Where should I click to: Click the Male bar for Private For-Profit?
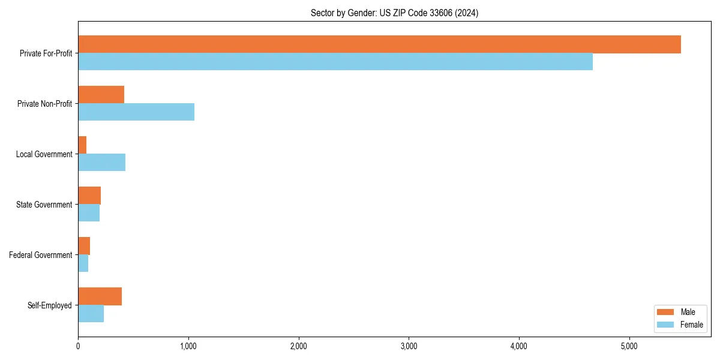(379, 44)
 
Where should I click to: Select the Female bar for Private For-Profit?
(335, 62)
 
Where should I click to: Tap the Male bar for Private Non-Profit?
(101, 95)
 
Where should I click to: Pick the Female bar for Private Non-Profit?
(136, 112)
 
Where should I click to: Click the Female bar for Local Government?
(101, 163)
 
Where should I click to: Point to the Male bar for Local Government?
(82, 145)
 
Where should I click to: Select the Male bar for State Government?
(89, 196)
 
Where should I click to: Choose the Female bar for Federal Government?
(83, 263)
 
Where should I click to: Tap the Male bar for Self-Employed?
(100, 296)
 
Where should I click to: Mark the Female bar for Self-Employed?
(91, 314)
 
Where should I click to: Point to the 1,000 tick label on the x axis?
(188, 346)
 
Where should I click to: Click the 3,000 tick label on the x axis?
(409, 346)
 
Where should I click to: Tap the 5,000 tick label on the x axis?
(629, 346)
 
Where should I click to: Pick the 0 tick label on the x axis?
(78, 346)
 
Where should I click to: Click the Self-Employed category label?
(50, 305)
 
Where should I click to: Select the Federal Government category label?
(41, 255)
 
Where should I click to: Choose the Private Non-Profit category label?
(44, 104)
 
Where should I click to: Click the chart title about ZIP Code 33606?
(394, 13)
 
